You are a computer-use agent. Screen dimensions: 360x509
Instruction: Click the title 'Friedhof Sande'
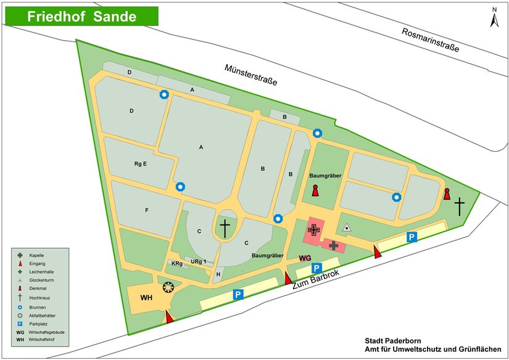coord(81,17)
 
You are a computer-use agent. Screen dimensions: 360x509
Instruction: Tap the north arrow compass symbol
coord(494,18)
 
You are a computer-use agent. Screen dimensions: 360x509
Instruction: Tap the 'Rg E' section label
coord(140,164)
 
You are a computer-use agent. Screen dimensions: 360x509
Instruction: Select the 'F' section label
coord(147,210)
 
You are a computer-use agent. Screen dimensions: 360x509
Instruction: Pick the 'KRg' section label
coord(176,264)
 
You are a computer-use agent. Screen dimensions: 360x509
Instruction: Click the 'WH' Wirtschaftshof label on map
coord(146,298)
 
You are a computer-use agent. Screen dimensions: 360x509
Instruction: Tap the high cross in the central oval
coord(225,228)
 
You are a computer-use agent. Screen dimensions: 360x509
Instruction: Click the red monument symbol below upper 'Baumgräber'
coord(315,190)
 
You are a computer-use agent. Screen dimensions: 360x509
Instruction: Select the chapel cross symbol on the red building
coord(314,230)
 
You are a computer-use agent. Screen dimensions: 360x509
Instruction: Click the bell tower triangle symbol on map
coord(347,227)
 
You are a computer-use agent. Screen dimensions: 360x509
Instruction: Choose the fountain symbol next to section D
coord(163,94)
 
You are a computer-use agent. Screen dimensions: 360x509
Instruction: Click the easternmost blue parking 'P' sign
coord(411,237)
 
